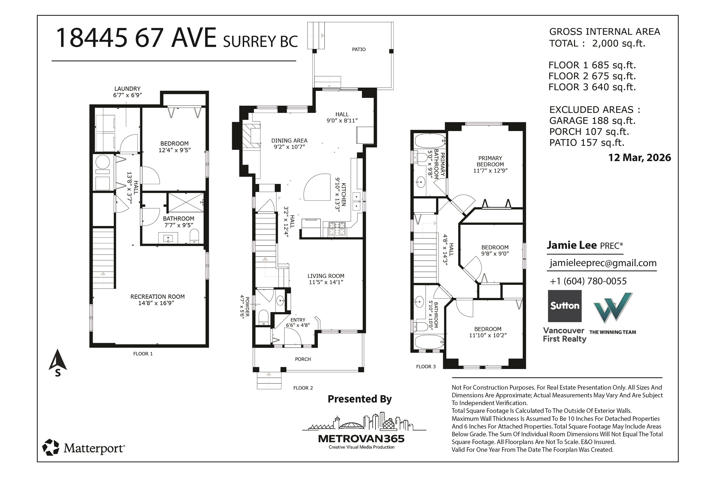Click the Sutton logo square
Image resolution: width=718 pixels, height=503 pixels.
click(x=564, y=306)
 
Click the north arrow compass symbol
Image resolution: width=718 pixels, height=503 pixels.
click(x=57, y=363)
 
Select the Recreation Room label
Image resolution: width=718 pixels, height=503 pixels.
click(x=157, y=297)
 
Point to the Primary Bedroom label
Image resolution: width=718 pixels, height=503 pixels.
click(x=490, y=161)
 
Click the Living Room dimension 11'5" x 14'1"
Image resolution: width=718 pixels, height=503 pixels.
click(x=326, y=282)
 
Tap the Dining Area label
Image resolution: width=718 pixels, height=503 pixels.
click(x=289, y=140)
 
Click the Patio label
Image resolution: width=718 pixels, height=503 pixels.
click(x=359, y=49)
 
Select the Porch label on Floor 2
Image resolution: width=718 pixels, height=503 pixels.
click(x=303, y=359)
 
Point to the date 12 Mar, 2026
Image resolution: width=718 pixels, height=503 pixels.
click(x=639, y=157)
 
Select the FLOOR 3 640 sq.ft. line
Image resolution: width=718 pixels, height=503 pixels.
click(x=592, y=87)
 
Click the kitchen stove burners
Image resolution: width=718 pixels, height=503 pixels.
click(x=337, y=228)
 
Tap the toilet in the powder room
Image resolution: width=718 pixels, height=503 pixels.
click(x=264, y=316)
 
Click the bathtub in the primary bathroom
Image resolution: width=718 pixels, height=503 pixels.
click(x=430, y=141)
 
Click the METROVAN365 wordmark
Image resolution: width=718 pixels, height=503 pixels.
click(x=361, y=438)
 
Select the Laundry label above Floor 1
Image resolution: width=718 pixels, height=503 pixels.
click(x=127, y=89)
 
